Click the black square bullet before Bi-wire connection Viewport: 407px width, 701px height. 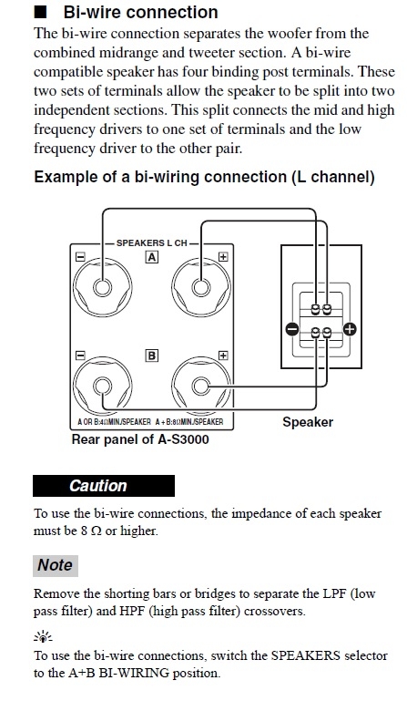point(40,12)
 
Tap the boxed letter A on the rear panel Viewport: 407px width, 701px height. point(152,257)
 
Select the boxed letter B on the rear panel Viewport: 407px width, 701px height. point(152,356)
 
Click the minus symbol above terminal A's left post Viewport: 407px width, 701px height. point(80,257)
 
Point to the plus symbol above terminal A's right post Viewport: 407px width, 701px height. point(223,257)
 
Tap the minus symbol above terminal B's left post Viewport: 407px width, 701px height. point(80,356)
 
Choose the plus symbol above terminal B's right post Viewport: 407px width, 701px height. point(223,355)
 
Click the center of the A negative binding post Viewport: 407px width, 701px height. point(102,286)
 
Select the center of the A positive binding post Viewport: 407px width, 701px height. point(201,286)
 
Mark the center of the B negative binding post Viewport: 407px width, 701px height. point(102,386)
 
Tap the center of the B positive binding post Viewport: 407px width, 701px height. point(201,386)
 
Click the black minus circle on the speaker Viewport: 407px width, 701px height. point(291,330)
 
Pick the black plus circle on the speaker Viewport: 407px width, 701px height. point(350,330)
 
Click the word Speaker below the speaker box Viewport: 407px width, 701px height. point(308,422)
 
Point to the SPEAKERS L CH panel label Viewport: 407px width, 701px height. point(152,243)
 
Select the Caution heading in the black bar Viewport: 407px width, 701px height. point(97,486)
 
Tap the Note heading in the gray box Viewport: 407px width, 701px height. point(55,564)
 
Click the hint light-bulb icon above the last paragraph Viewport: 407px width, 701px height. point(43,636)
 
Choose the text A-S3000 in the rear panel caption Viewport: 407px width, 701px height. point(183,439)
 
